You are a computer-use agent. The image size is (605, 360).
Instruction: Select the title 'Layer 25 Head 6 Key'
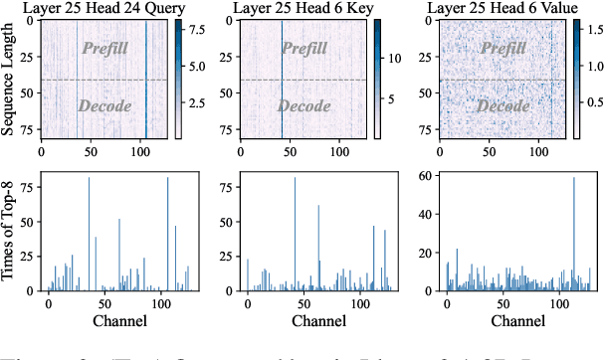(303, 9)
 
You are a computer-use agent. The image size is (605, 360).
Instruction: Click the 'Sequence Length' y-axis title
(9, 82)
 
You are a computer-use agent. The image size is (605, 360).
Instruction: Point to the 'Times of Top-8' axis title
(9, 235)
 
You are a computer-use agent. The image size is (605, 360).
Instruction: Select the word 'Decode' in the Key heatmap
(303, 105)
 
